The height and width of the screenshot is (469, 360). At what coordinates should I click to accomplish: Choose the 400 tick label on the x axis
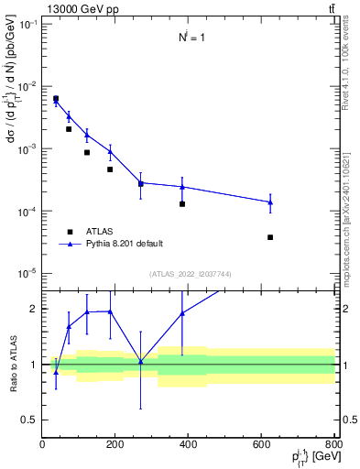pos(189,444)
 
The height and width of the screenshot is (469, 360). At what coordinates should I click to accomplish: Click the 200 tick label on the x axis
pos(115,444)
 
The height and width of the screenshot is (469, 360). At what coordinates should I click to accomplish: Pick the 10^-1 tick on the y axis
pos(27,24)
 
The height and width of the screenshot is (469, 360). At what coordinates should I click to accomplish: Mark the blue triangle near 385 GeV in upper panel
pos(182,187)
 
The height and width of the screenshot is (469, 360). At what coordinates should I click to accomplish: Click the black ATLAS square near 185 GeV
pos(110,169)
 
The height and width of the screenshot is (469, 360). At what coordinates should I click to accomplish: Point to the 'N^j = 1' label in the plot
pos(190,38)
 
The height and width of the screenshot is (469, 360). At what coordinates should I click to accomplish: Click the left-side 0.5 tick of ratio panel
pos(31,420)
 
